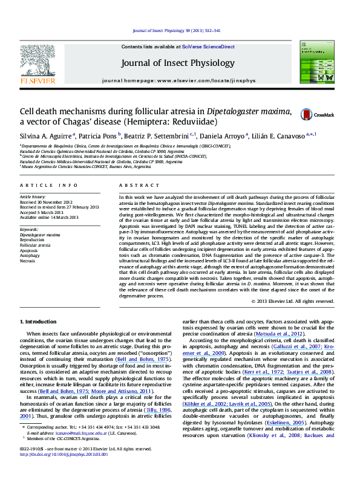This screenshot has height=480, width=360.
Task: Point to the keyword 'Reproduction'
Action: click(31, 240)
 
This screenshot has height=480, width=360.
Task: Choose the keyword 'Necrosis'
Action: click(27, 261)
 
